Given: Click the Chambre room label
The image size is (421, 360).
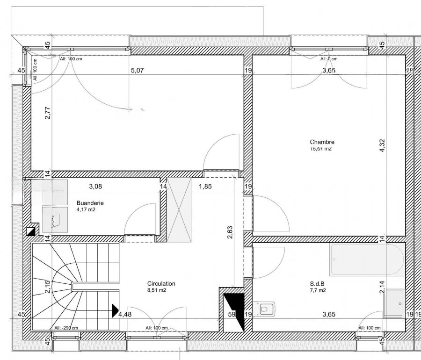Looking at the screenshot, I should coord(322,142).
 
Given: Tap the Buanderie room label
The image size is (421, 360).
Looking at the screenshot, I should coord(90,203).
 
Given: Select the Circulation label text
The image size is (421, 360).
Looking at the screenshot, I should coord(161,284).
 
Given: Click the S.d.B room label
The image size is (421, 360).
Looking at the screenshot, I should coord(318,284).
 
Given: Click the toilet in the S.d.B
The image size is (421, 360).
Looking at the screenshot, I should coord(268,309).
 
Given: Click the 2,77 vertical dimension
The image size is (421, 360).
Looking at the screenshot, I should coord(47,114).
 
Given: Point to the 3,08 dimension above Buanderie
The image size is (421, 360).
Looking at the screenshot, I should coord(95,186).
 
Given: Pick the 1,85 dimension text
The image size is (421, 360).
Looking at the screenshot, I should coord(205,186).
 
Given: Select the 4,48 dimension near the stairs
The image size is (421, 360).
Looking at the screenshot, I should coord(124,315).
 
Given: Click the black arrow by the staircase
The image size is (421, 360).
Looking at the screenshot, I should coord(115,309).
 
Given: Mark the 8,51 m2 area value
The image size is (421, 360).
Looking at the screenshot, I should coord(157,290).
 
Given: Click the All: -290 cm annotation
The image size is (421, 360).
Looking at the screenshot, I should coord(66,328).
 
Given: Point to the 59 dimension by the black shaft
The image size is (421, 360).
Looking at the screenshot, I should coord(231,315).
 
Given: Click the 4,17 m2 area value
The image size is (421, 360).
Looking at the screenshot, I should coord(86,210).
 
